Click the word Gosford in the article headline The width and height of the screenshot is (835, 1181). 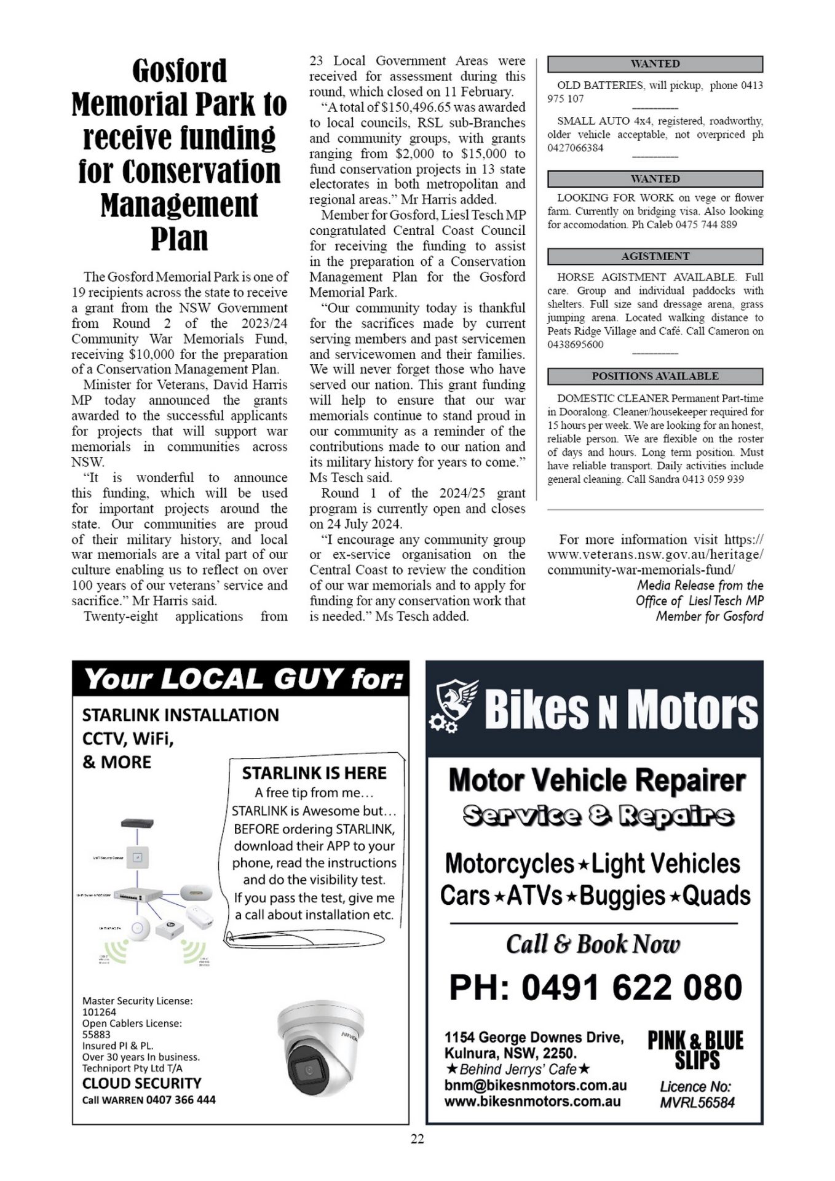(x=179, y=71)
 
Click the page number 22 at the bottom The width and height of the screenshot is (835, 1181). (x=417, y=1139)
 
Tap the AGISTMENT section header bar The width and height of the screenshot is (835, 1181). (x=655, y=256)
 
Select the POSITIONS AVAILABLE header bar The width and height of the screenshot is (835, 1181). (x=655, y=376)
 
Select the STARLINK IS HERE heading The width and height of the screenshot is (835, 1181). (x=314, y=773)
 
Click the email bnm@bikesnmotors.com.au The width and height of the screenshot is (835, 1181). (x=535, y=1085)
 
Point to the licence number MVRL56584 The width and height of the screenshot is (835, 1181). (x=697, y=1102)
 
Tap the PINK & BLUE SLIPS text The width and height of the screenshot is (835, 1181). (x=695, y=1051)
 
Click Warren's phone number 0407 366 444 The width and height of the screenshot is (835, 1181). (x=181, y=1099)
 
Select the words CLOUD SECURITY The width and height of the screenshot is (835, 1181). (x=141, y=1083)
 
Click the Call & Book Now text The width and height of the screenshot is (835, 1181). (x=593, y=944)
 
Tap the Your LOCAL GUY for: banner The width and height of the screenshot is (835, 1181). (x=240, y=679)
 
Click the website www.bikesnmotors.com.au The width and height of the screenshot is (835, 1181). (x=532, y=1102)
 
